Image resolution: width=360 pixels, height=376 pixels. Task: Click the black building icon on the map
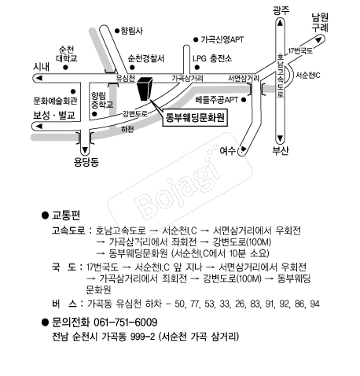[x=145, y=89]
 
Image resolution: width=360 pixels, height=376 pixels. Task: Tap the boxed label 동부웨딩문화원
[x=195, y=118]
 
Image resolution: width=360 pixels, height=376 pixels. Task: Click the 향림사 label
[x=132, y=31]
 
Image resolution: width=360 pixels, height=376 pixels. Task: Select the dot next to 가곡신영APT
[x=196, y=40]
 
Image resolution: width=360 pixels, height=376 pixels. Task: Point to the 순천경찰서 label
[x=146, y=58]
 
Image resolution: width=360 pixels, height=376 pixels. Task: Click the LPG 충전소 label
[x=212, y=58]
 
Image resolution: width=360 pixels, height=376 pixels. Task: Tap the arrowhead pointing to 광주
[x=280, y=23]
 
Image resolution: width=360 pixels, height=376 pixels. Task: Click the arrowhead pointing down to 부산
[x=280, y=138]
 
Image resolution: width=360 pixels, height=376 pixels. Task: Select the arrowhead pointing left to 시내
[x=39, y=78]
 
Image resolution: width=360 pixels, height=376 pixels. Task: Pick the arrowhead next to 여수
[x=244, y=149]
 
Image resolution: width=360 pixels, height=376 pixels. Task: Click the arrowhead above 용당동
[x=85, y=150]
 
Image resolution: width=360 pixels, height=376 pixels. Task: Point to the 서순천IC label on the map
[x=308, y=76]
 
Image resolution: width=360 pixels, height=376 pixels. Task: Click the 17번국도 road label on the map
[x=300, y=50]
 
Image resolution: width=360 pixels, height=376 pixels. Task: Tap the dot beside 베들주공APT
[x=244, y=100]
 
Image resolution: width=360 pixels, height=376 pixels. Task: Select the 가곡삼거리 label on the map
[x=187, y=78]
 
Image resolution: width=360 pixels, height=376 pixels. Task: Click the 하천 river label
[x=127, y=129]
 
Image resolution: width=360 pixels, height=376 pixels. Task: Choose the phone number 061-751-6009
[x=125, y=322]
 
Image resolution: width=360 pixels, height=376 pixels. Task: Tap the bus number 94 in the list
[x=314, y=304]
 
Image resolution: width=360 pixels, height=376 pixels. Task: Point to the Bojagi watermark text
[x=180, y=185]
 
